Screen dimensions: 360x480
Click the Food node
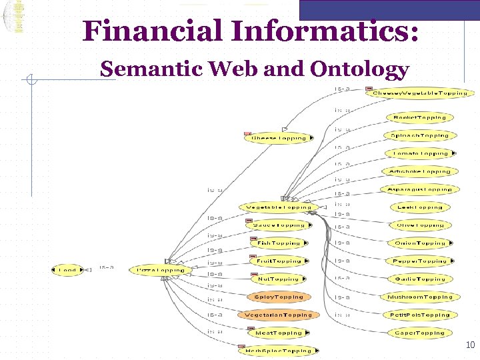pos(67,270)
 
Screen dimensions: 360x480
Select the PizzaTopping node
pos(161,270)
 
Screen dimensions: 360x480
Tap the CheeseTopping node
pos(279,138)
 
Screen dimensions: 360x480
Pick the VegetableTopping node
pos(278,207)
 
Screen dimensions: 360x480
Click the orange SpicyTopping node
pos(279,297)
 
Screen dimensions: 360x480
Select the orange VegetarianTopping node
pos(278,315)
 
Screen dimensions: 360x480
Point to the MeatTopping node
pos(279,333)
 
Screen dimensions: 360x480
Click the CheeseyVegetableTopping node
pos(419,93)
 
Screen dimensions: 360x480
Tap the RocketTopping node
pos(419,117)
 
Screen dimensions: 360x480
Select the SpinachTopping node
pos(419,135)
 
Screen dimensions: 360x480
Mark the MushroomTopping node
pos(419,297)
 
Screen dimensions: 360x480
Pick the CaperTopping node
pos(419,333)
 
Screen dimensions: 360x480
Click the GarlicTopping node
pos(419,279)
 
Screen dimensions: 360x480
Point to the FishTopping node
pos(279,243)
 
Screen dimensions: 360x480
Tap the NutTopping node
pos(279,279)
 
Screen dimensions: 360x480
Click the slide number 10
pos(470,345)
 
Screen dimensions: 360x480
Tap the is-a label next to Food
pos(106,267)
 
